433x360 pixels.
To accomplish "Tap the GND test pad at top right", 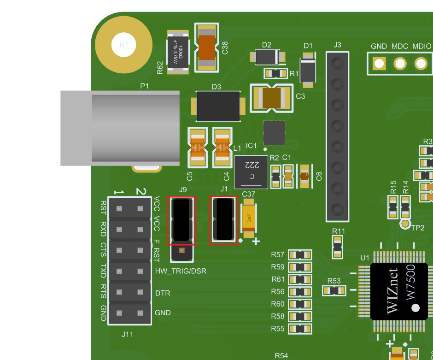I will click(x=379, y=63).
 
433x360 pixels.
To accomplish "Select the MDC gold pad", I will click(x=400, y=63).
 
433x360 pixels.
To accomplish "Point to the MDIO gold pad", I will click(x=421, y=63).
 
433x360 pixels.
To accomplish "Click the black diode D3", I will click(x=218, y=106).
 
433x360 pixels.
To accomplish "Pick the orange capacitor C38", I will click(x=206, y=48).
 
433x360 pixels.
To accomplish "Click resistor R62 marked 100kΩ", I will click(x=177, y=52).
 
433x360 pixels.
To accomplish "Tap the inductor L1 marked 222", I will click(x=251, y=172).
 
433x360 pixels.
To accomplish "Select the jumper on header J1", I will click(x=224, y=219).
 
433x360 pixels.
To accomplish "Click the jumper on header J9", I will click(x=181, y=220).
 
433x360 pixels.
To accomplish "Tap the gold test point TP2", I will click(x=405, y=224).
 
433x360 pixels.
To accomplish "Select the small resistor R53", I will click(x=334, y=290).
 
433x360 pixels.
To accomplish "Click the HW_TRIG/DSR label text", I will click(x=181, y=271).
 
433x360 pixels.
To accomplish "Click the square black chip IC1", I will click(x=274, y=132).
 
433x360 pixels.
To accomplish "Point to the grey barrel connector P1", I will click(x=120, y=128).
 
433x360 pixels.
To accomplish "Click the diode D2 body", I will click(x=267, y=57).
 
